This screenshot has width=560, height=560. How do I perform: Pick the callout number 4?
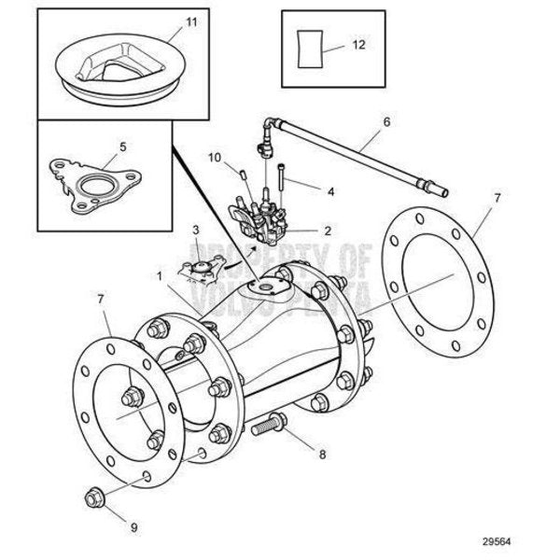(x=329, y=190)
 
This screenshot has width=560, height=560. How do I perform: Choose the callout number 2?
(x=328, y=229)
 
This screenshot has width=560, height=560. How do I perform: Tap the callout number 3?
(x=195, y=229)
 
